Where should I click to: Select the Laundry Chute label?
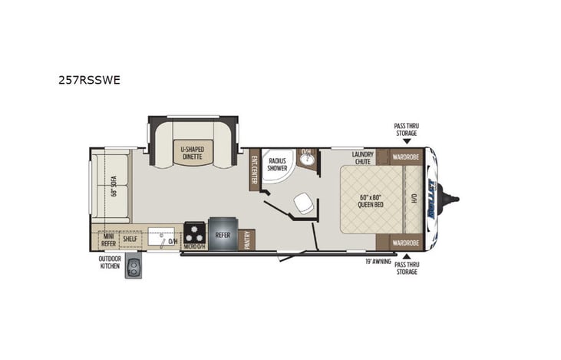(362, 157)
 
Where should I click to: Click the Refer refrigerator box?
(223, 236)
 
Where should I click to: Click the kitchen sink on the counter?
(163, 239)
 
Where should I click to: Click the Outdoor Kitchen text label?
(109, 263)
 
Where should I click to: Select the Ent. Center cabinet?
(253, 170)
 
